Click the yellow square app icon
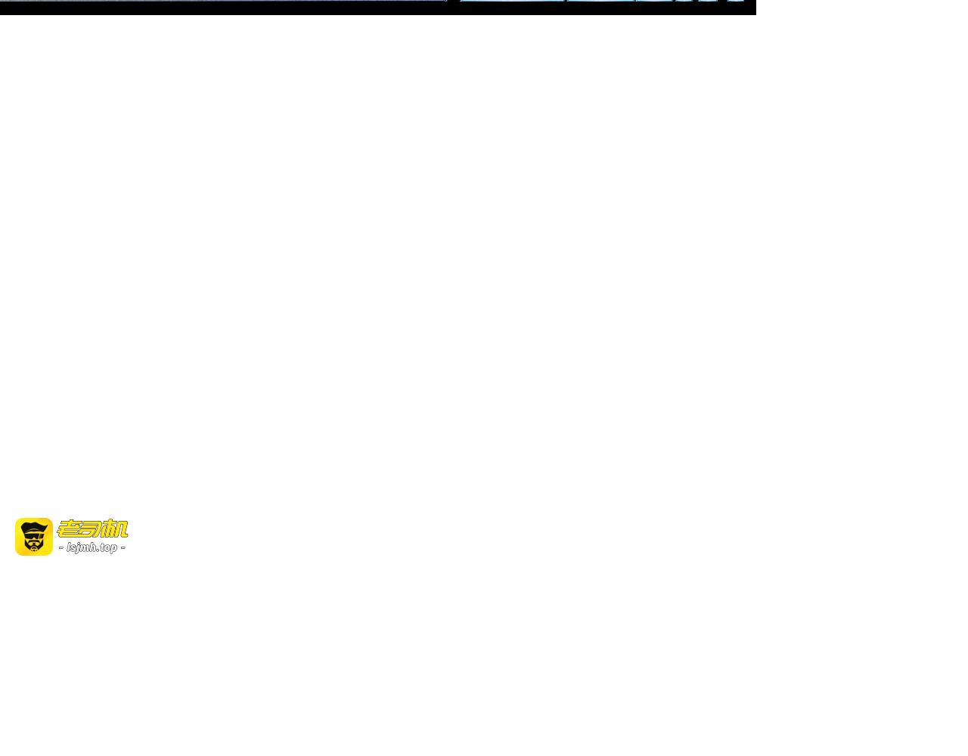point(34,537)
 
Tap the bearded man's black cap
point(33,528)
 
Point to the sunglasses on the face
point(34,535)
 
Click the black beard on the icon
point(34,545)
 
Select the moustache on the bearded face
point(34,541)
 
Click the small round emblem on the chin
point(34,549)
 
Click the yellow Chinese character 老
point(69,529)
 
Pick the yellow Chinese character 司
point(92,529)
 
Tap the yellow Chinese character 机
point(115,529)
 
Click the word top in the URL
point(109,547)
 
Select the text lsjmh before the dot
point(82,547)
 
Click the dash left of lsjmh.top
point(61,547)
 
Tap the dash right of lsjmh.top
point(123,547)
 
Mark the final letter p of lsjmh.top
point(113,549)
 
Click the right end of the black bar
point(755,8)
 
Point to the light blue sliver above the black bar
point(601,1)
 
